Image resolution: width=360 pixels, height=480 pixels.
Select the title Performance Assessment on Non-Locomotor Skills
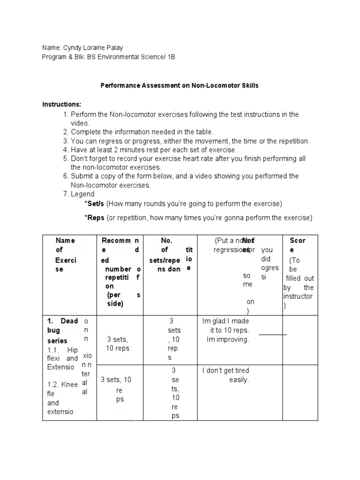click(180, 86)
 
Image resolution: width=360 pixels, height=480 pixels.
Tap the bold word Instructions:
click(62, 104)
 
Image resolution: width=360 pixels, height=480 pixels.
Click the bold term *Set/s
click(96, 204)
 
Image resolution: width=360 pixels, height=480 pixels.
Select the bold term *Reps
click(95, 218)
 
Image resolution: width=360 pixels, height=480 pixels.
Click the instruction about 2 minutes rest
click(154, 150)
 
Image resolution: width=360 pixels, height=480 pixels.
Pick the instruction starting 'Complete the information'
click(142, 132)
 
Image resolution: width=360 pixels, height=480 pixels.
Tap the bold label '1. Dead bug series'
click(62, 331)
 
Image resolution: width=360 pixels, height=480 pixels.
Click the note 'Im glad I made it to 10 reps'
click(225, 330)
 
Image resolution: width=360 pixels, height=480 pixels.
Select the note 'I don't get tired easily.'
click(225, 375)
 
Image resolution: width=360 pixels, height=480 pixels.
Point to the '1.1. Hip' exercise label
click(62, 350)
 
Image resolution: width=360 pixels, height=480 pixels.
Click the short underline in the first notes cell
click(272, 335)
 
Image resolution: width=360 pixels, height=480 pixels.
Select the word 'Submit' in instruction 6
click(82, 176)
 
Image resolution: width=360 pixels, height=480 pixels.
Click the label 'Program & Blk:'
click(64, 57)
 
